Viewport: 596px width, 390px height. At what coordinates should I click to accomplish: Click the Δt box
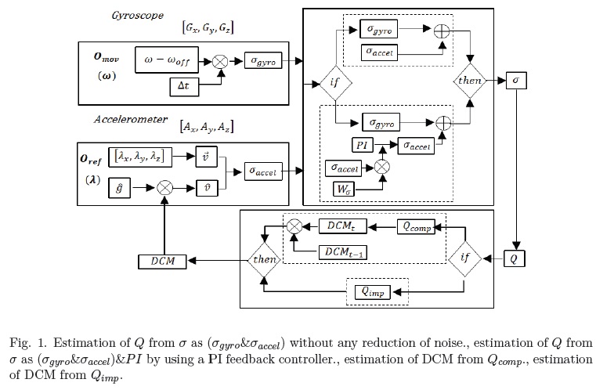182,86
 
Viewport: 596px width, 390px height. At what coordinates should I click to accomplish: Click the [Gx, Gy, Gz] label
208,28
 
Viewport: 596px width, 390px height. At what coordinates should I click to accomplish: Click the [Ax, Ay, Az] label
207,126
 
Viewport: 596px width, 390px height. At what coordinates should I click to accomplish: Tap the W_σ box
344,189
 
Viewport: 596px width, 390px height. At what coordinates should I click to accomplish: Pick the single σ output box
515,80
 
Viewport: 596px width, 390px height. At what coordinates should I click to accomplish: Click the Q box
514,258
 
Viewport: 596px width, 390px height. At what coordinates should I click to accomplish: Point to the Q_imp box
374,291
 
